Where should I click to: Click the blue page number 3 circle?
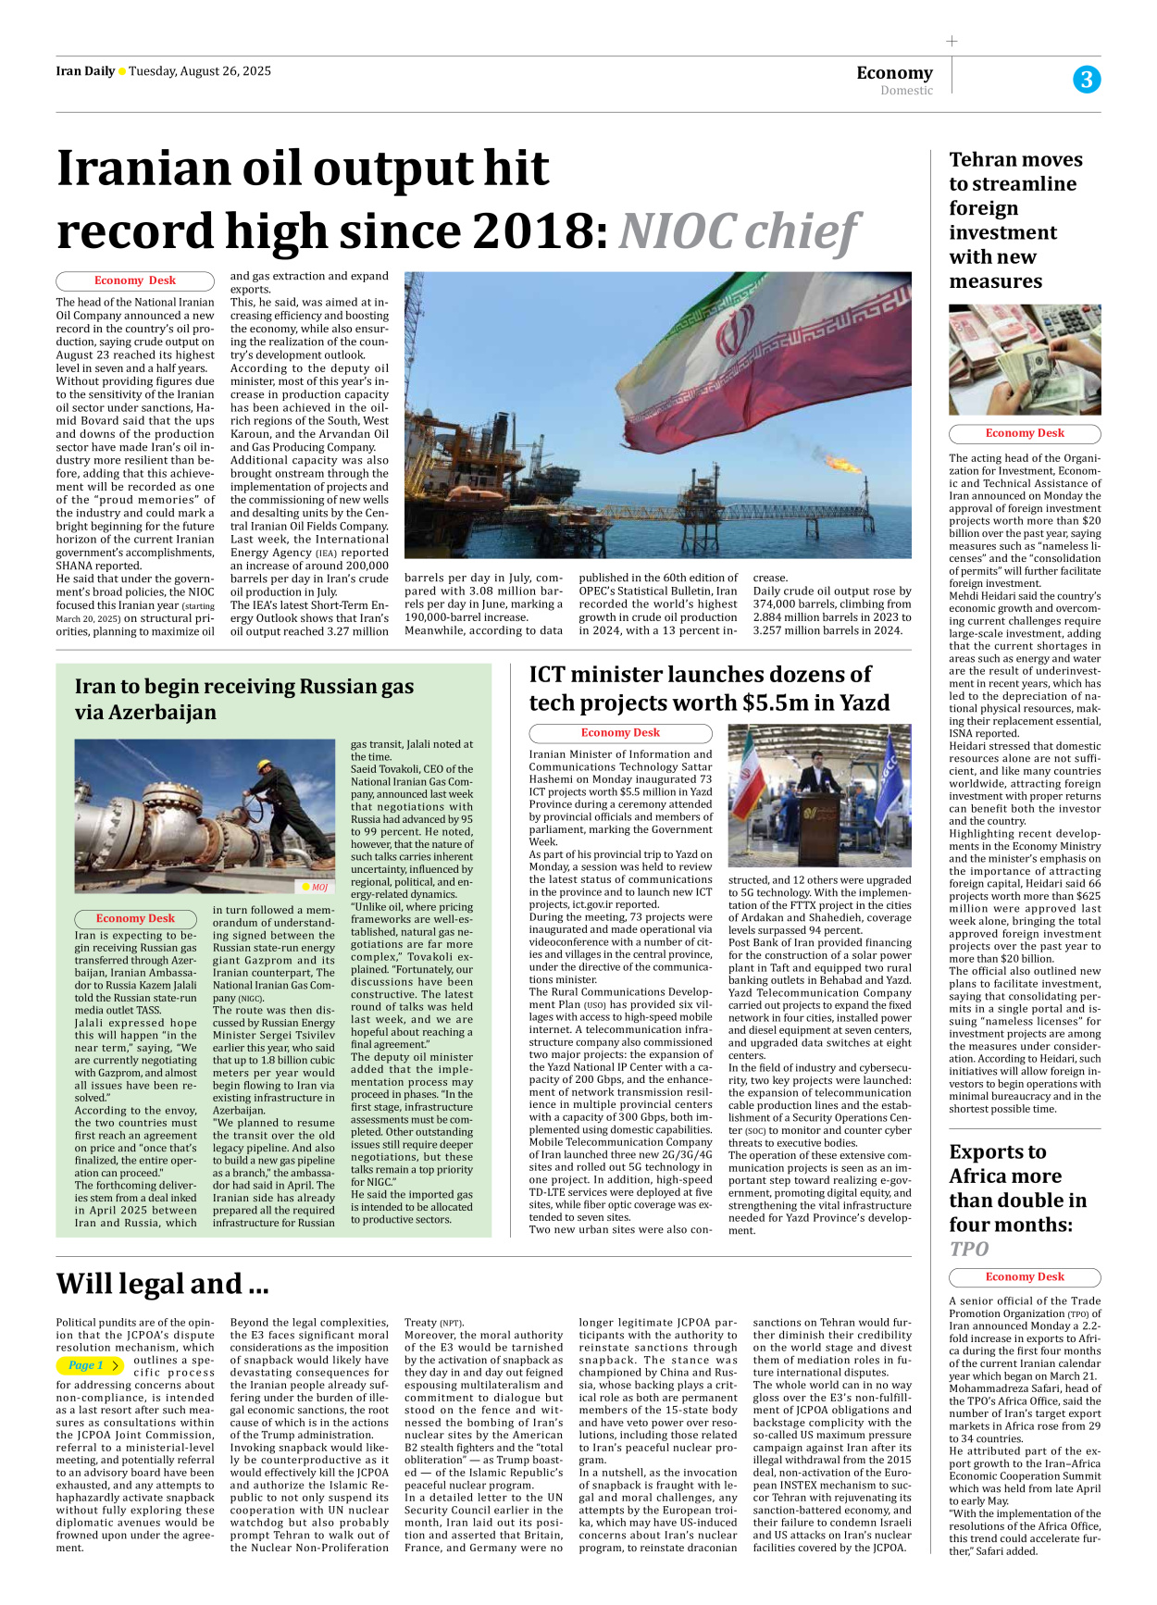tap(1087, 80)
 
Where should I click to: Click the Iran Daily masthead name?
tap(85, 71)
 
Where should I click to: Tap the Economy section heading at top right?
tap(894, 72)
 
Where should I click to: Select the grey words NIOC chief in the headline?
tap(738, 231)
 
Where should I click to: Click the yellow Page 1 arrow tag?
tap(91, 1365)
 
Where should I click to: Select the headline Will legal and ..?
tap(162, 1284)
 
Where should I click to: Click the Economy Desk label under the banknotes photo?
tap(1025, 433)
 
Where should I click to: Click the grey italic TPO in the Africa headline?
tap(969, 1249)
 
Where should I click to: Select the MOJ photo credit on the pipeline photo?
tap(316, 887)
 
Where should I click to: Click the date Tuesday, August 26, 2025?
tap(200, 71)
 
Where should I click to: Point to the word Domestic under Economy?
tap(906, 91)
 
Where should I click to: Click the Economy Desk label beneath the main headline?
tap(135, 280)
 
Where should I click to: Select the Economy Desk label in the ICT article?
tap(620, 733)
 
